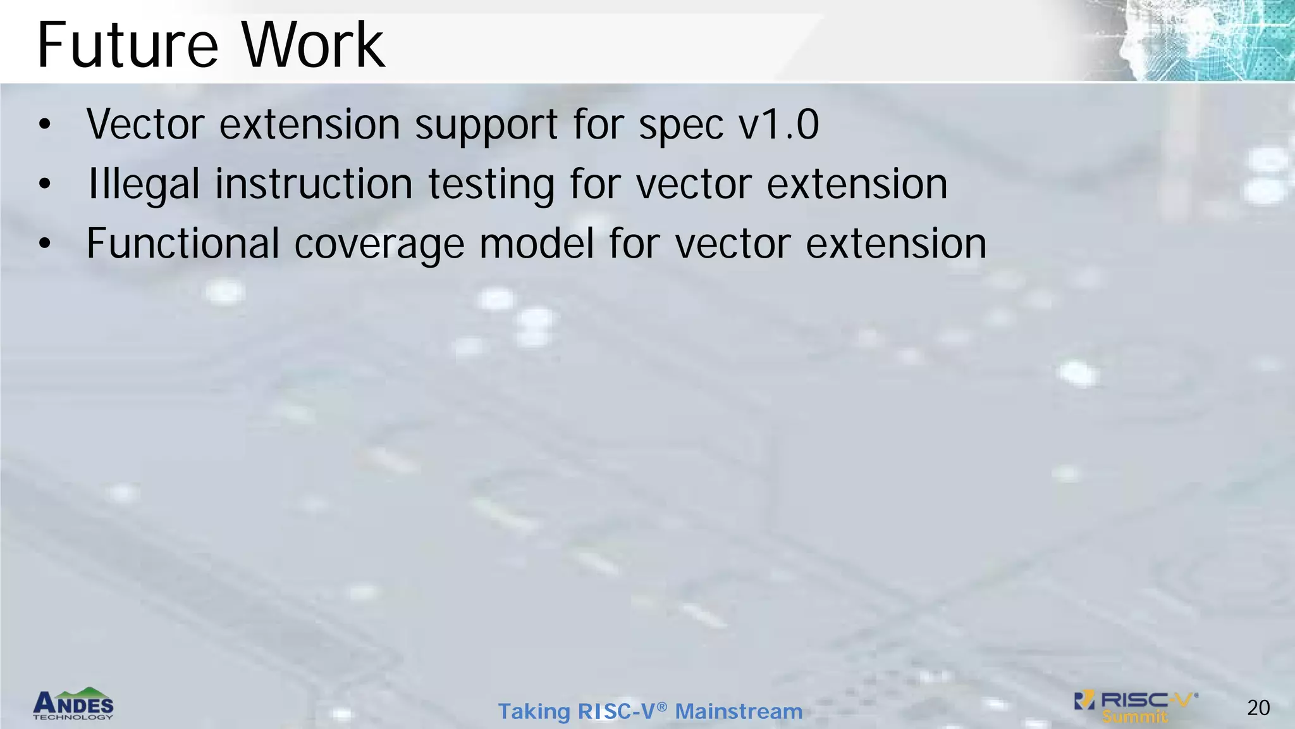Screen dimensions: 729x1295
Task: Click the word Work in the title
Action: click(313, 46)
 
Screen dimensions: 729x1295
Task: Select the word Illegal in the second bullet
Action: click(144, 185)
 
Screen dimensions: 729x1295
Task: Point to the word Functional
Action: click(183, 244)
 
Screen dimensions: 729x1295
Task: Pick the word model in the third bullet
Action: click(536, 244)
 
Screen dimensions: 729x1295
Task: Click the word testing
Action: click(491, 185)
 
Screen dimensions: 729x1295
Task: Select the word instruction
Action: click(314, 185)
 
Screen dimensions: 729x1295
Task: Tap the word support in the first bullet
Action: click(486, 125)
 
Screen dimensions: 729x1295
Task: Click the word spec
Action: click(680, 125)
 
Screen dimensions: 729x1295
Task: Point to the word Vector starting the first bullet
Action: click(145, 124)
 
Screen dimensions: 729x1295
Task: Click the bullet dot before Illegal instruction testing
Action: click(44, 184)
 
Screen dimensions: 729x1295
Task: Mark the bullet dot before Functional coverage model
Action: click(44, 244)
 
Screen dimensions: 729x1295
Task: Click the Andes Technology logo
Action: click(73, 704)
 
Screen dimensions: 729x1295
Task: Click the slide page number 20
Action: click(1258, 707)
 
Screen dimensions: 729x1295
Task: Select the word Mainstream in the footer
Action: click(739, 711)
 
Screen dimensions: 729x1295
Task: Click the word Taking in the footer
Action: click(534, 712)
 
